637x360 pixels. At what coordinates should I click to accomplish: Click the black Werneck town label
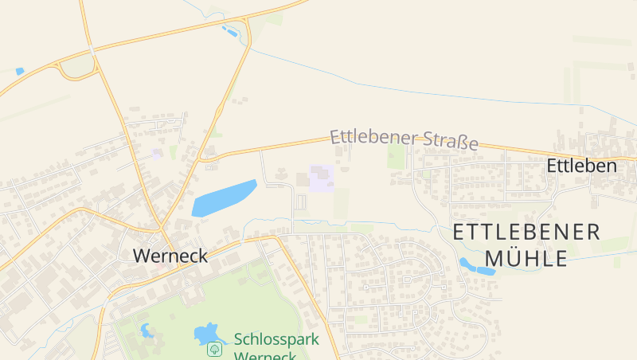coord(170,256)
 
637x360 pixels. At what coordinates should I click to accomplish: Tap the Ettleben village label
coord(581,166)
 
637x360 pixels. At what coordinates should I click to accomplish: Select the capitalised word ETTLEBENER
coord(526,232)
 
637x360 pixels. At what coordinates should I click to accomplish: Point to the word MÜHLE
coord(526,258)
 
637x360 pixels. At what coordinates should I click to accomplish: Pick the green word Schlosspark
coord(276,339)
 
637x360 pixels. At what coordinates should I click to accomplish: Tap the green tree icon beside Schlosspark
coord(214,349)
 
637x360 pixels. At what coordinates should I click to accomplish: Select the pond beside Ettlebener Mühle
coord(476,266)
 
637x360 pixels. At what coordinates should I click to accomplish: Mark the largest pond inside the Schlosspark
coord(207,332)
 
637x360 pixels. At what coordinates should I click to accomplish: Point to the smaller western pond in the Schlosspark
coord(147,330)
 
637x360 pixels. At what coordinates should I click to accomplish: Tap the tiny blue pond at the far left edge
coord(19,71)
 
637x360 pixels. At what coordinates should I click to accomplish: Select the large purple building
coord(322,178)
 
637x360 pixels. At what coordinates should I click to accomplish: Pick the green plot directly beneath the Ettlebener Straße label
coord(396,155)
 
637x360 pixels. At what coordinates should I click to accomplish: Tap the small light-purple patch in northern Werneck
coord(157,153)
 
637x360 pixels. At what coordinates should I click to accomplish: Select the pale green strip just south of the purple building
coord(342,204)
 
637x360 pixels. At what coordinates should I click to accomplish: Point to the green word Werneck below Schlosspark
coord(265,354)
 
